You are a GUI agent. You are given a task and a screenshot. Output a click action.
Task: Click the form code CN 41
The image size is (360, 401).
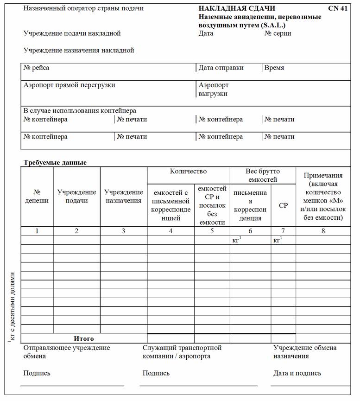[x=337, y=8]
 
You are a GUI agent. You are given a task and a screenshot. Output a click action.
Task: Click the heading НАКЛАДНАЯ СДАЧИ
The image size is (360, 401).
[x=237, y=8]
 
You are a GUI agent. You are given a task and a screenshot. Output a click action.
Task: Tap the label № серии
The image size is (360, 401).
[x=278, y=33]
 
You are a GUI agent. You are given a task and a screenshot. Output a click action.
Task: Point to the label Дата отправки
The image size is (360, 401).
[x=221, y=68]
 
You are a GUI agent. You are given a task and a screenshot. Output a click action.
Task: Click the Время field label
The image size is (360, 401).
[x=274, y=68]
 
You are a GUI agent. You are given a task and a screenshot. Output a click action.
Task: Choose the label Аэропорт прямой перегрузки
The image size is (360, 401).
[x=69, y=85]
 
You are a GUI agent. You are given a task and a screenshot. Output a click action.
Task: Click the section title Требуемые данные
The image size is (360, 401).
[x=55, y=163]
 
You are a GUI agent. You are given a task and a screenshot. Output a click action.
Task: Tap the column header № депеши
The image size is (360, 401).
[x=37, y=197]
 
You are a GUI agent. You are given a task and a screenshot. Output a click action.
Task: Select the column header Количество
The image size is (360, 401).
[x=188, y=172]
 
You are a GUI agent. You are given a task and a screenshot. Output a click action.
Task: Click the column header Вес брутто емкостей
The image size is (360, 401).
[x=262, y=175]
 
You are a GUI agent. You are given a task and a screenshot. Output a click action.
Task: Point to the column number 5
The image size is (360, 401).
[x=212, y=231]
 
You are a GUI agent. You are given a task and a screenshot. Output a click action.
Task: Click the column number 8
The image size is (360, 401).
[x=323, y=231]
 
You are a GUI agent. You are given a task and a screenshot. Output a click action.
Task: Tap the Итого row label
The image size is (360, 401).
[x=84, y=339]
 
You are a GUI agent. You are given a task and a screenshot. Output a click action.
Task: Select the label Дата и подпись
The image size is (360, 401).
[x=297, y=373]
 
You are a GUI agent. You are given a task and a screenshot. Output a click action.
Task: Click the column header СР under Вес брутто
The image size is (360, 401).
[x=283, y=205]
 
